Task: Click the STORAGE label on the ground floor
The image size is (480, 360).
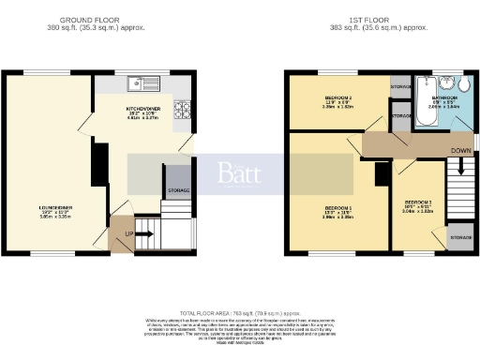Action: (x=177, y=190)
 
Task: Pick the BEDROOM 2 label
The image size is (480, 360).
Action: (x=337, y=98)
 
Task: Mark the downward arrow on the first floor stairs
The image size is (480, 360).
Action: (x=459, y=169)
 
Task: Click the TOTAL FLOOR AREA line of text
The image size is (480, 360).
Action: (x=239, y=311)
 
